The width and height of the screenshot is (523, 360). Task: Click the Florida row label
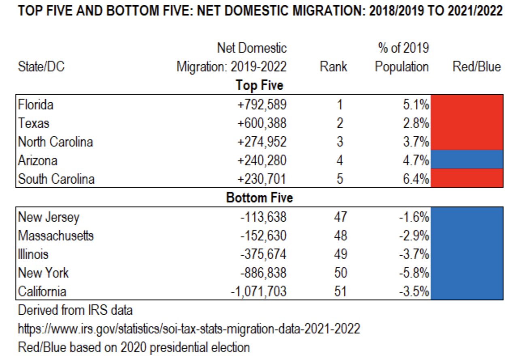tap(36, 104)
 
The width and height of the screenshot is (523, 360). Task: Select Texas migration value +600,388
tap(262, 123)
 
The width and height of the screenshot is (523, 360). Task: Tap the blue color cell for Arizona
tap(467, 159)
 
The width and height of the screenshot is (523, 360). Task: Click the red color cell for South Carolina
tap(467, 178)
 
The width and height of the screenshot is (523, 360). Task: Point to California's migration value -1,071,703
tap(259, 291)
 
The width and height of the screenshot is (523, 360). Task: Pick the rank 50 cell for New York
tap(340, 273)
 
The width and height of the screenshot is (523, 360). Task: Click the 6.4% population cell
tap(416, 179)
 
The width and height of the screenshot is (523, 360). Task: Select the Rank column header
tap(333, 66)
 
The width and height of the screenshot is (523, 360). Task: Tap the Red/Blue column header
tap(476, 66)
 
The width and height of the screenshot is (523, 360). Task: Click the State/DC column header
tap(41, 66)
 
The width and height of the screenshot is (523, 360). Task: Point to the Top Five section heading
tap(259, 85)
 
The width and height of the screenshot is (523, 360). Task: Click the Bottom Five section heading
tap(259, 198)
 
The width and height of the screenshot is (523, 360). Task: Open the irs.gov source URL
tap(189, 329)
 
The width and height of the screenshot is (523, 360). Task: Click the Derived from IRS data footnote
tap(75, 310)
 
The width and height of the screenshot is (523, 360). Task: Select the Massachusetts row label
tap(56, 235)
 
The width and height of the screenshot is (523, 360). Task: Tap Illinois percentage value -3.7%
tap(414, 254)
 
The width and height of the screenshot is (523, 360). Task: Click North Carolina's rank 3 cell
tap(340, 142)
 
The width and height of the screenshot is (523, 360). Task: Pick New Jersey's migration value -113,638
tap(264, 217)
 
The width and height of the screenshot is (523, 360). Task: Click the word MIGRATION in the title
tap(329, 11)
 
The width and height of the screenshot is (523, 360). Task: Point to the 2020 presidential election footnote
tap(134, 347)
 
